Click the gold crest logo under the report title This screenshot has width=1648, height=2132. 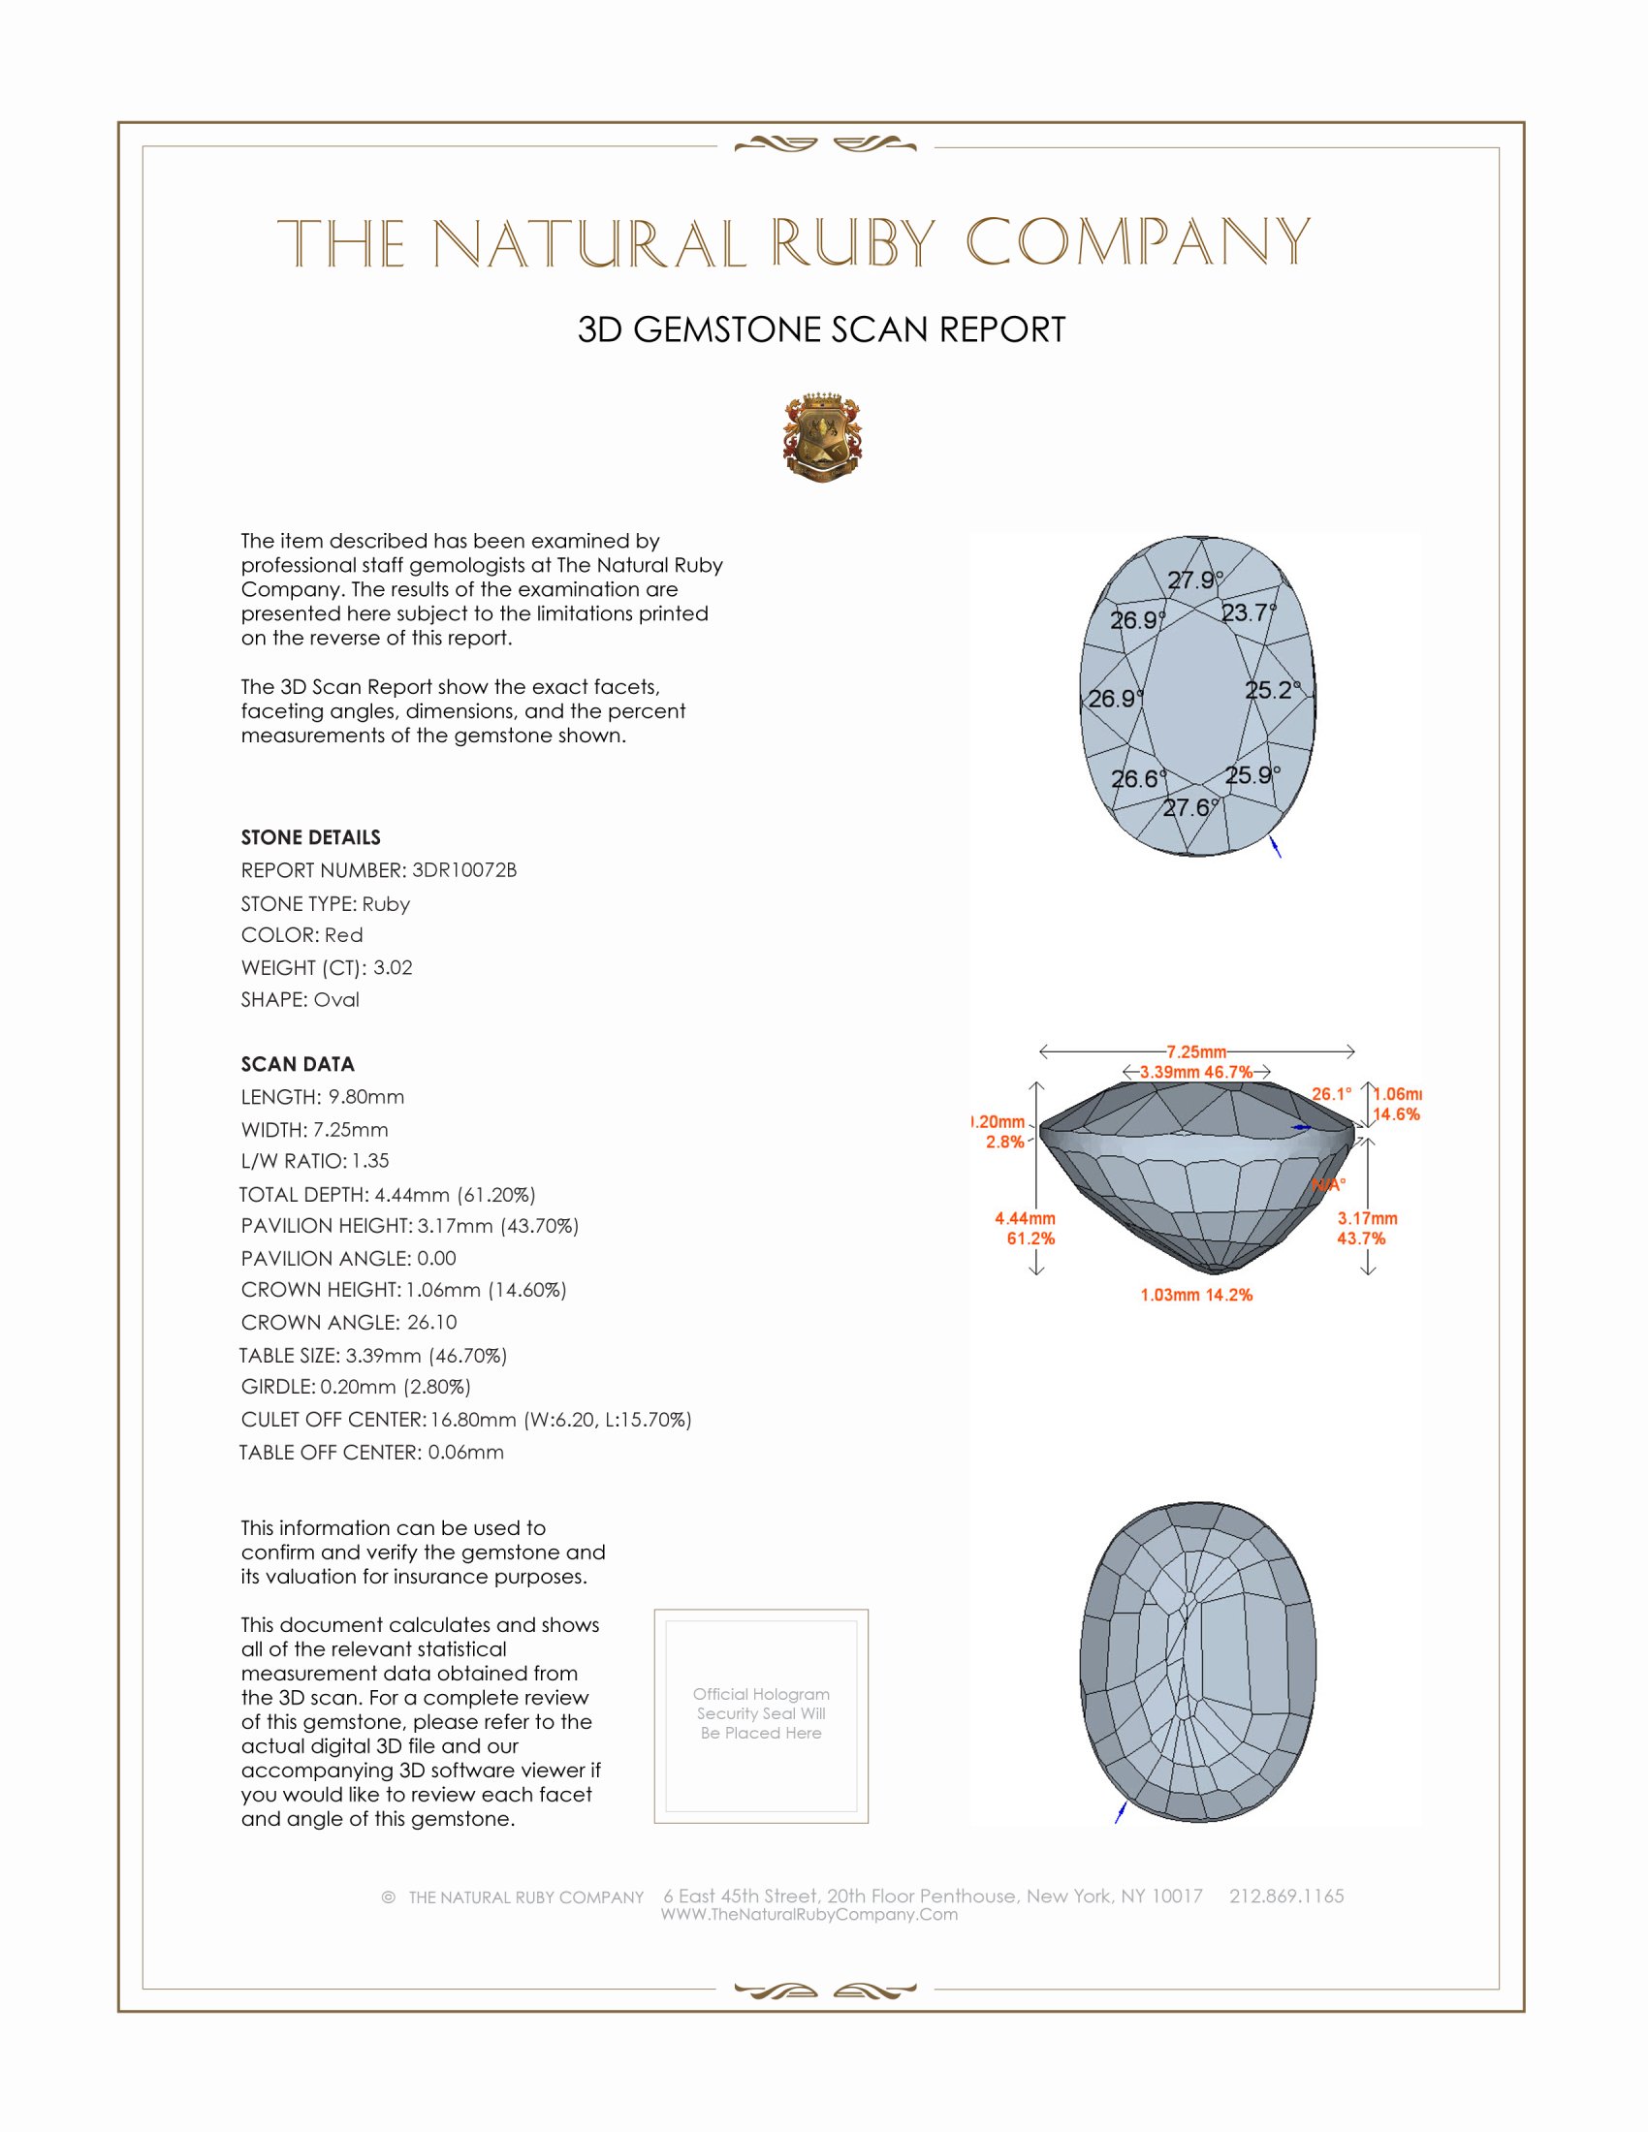click(x=822, y=437)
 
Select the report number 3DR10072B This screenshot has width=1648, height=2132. click(x=463, y=870)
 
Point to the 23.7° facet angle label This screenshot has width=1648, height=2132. click(x=1249, y=613)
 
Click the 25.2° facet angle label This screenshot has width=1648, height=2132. click(x=1272, y=690)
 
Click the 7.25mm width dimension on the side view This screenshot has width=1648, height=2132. click(x=1196, y=1051)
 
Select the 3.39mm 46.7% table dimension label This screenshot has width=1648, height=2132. click(x=1196, y=1072)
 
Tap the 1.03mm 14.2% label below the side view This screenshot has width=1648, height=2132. click(x=1196, y=1296)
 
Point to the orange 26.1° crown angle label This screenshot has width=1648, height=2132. click(x=1332, y=1094)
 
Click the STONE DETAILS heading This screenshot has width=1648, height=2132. click(x=310, y=837)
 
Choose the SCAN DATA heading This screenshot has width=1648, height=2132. click(x=298, y=1064)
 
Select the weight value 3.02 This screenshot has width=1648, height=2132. click(x=393, y=967)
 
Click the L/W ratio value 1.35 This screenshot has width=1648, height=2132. click(x=370, y=1161)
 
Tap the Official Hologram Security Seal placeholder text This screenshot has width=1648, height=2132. click(x=761, y=1713)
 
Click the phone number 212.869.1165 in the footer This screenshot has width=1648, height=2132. click(x=1285, y=1896)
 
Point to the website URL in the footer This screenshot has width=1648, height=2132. click(x=809, y=1914)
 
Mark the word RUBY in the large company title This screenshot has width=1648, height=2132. click(x=854, y=243)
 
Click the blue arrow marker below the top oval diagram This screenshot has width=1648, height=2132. click(x=1275, y=846)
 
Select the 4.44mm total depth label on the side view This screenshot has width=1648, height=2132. click(x=1024, y=1218)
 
